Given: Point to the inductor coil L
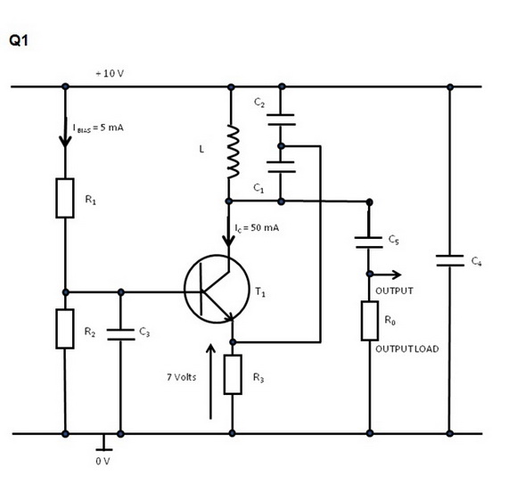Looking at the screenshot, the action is pyautogui.click(x=233, y=152).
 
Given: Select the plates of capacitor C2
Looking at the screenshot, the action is pyautogui.click(x=281, y=119).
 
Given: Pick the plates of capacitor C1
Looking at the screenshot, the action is pyautogui.click(x=281, y=167).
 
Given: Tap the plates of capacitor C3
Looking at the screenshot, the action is pyautogui.click(x=120, y=334).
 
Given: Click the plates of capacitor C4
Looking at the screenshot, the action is pyautogui.click(x=450, y=260).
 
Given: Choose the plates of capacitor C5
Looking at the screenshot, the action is pyautogui.click(x=369, y=242).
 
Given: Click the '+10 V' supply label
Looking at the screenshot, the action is pyautogui.click(x=110, y=73).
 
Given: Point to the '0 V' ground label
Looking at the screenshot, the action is pyautogui.click(x=103, y=461).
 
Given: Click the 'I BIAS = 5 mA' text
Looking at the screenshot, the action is pyautogui.click(x=98, y=127).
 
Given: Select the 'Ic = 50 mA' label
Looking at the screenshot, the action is pyautogui.click(x=257, y=228).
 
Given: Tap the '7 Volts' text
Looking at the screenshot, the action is pyautogui.click(x=181, y=377).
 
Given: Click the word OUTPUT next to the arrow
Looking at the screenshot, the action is pyautogui.click(x=394, y=291).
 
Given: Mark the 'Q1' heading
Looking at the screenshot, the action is pyautogui.click(x=19, y=40).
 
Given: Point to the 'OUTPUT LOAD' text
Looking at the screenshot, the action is pyautogui.click(x=407, y=349).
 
